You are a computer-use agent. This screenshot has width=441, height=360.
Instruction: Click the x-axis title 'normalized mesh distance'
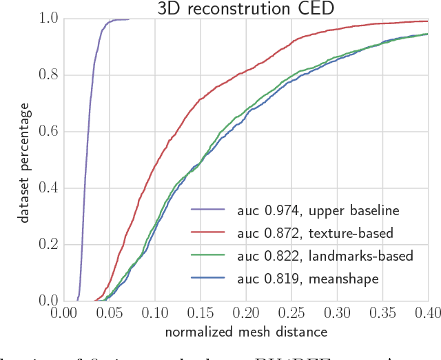pos(246,331)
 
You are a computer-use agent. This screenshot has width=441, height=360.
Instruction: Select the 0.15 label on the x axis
pos(200,313)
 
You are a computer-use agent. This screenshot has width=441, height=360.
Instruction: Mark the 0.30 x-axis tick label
pos(337,313)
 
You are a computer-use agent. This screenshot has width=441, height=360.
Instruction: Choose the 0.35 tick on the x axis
pos(382,313)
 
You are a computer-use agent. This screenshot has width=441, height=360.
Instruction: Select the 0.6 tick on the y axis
pos(48,131)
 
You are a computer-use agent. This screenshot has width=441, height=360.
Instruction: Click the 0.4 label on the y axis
pos(48,188)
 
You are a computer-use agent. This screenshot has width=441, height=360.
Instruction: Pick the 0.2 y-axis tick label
pos(48,244)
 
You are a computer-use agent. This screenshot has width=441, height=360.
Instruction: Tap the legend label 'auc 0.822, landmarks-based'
pos(325,257)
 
